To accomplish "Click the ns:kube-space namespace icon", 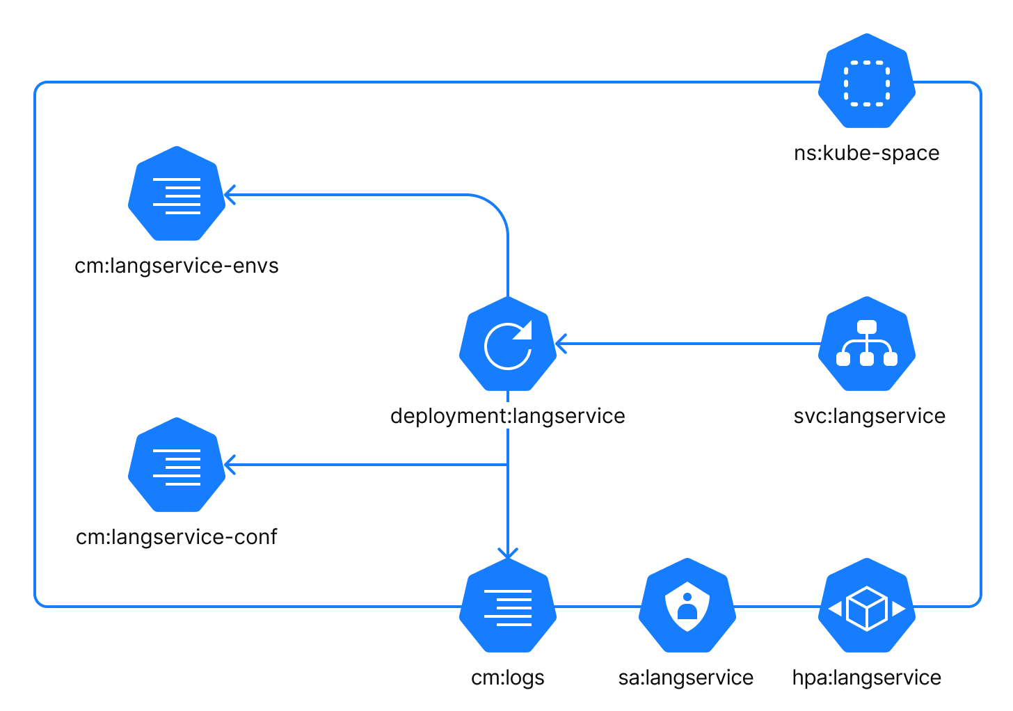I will pyautogui.click(x=866, y=81).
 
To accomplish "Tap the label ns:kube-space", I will pyautogui.click(x=866, y=153).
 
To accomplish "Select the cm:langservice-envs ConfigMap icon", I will pyautogui.click(x=177, y=194).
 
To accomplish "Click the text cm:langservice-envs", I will pyautogui.click(x=177, y=266).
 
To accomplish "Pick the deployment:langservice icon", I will pyautogui.click(x=508, y=344).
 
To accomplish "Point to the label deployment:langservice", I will pyautogui.click(x=508, y=416).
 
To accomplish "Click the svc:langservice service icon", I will pyautogui.click(x=866, y=344).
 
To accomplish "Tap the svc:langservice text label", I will pyautogui.click(x=869, y=416).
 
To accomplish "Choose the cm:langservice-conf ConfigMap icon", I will pyautogui.click(x=177, y=465).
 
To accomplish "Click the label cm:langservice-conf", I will pyautogui.click(x=177, y=537).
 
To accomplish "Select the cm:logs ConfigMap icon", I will pyautogui.click(x=508, y=606).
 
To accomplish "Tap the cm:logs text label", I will pyautogui.click(x=508, y=678).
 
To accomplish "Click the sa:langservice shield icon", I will pyautogui.click(x=687, y=606).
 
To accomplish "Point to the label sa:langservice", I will pyautogui.click(x=686, y=678).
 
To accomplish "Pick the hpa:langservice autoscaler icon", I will pyautogui.click(x=866, y=606).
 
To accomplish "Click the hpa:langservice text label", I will pyautogui.click(x=866, y=678).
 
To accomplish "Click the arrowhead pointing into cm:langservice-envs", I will pyautogui.click(x=229, y=195).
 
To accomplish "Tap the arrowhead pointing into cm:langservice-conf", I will pyautogui.click(x=229, y=465).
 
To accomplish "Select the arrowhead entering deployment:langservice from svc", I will pyautogui.click(x=561, y=344).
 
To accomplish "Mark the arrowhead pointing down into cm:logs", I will pyautogui.click(x=508, y=553).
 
